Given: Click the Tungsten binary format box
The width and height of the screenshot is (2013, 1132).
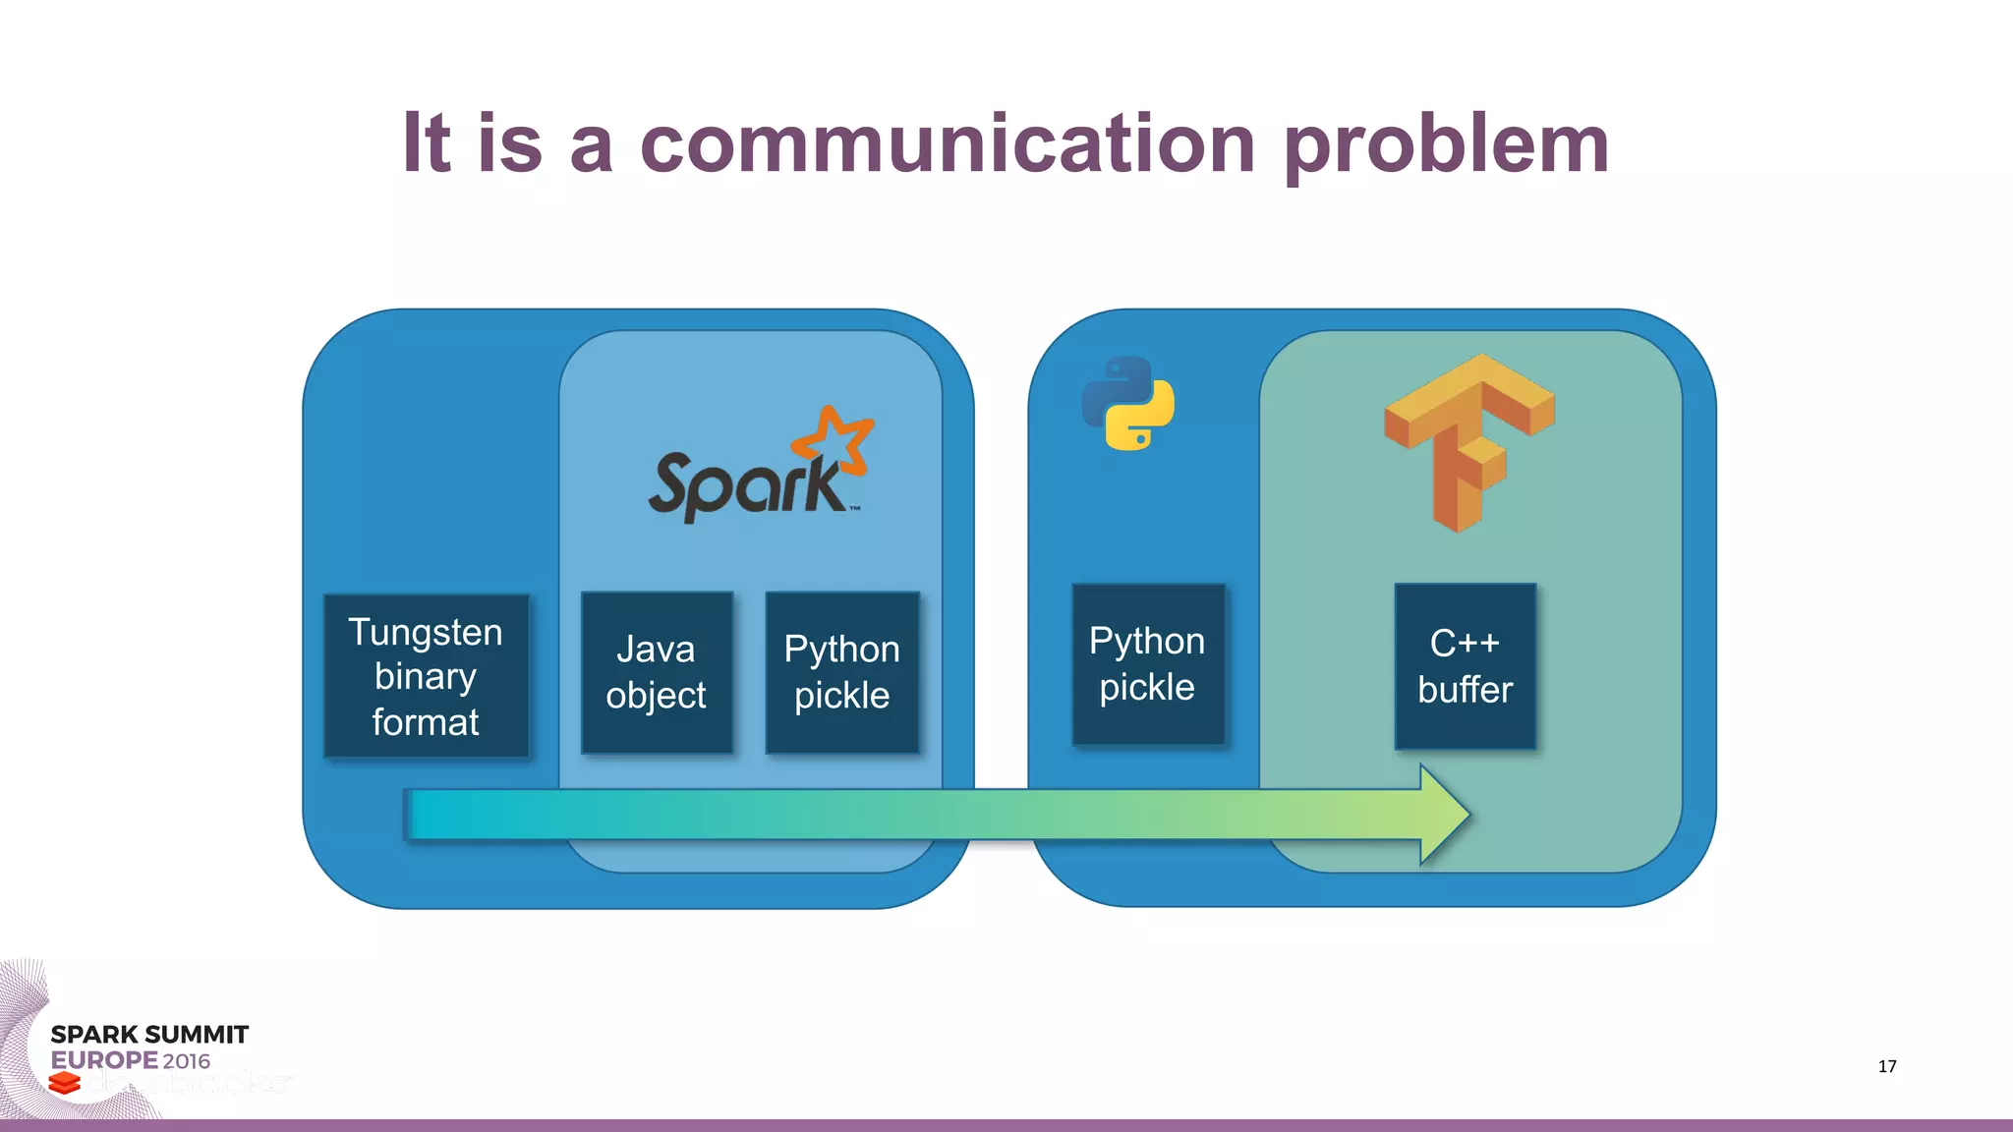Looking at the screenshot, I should click(426, 676).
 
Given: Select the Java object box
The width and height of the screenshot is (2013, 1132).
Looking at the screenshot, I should click(657, 673).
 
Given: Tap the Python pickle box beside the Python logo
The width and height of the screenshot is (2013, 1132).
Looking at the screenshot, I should click(1147, 664).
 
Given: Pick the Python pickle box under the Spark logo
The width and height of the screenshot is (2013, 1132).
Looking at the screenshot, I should click(841, 673).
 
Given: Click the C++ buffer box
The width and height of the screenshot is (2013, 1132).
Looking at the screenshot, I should click(1465, 666).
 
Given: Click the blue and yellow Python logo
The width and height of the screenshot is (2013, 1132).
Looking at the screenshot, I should click(1128, 403).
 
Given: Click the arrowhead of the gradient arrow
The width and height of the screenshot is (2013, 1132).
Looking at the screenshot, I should click(1443, 815).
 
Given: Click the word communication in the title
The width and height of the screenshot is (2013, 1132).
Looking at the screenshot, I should click(948, 143).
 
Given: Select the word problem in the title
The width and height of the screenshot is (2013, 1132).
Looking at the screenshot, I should click(1446, 143).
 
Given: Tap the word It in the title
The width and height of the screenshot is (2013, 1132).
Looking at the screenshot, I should click(427, 143).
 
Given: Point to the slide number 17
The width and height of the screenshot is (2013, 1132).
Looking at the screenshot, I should click(1886, 1066).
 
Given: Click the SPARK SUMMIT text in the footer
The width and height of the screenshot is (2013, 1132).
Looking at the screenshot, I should click(149, 1035).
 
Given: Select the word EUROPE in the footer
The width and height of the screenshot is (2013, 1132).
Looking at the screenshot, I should click(103, 1060).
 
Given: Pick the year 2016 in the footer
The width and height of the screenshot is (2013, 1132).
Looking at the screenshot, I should click(187, 1061).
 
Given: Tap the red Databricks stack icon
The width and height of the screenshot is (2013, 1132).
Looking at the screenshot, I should click(65, 1083).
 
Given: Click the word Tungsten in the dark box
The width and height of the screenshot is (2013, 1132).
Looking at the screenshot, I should click(426, 632).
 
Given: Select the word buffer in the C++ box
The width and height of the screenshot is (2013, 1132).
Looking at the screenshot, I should click(1465, 690).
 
